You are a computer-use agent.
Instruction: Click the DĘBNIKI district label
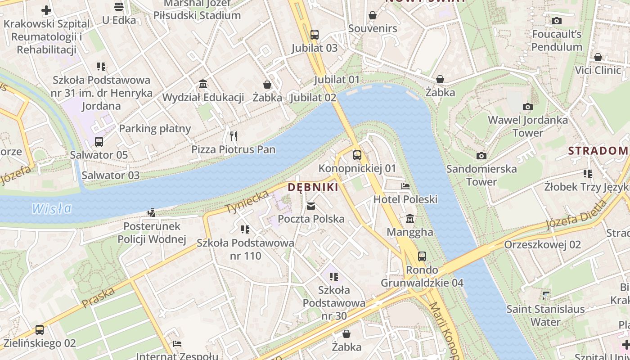click(x=313, y=187)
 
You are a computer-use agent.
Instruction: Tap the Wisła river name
click(x=52, y=208)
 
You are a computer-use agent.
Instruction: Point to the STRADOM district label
click(x=598, y=151)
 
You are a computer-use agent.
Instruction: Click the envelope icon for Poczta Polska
click(x=310, y=206)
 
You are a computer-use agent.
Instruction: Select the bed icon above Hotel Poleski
click(x=405, y=186)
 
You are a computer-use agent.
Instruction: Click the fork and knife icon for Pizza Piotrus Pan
click(x=233, y=136)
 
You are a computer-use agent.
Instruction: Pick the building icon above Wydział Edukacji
click(x=203, y=84)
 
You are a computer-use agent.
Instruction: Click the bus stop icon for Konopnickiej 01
click(x=357, y=155)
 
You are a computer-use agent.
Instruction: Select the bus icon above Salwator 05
click(x=99, y=142)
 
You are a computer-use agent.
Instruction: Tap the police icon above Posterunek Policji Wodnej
click(x=152, y=213)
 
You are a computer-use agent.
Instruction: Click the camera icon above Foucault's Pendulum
click(x=557, y=21)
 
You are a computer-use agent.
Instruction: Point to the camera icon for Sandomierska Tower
click(x=481, y=156)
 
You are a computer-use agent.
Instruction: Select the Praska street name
click(x=99, y=298)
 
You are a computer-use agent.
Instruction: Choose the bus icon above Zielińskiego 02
click(x=40, y=330)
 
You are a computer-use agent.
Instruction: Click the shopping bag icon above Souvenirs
click(x=373, y=15)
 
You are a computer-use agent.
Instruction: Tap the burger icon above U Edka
click(x=119, y=6)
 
